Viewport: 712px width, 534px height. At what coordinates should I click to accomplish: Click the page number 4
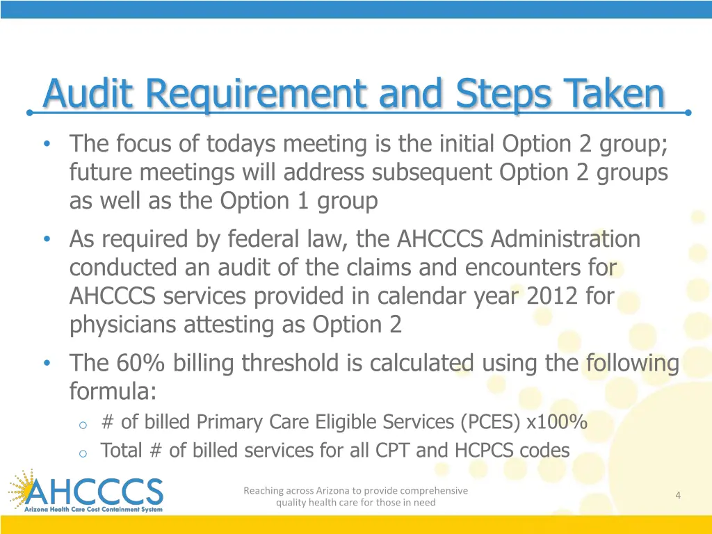(677, 495)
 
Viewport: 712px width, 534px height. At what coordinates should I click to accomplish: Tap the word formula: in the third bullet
(113, 391)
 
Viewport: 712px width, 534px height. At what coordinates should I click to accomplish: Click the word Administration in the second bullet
(565, 239)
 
